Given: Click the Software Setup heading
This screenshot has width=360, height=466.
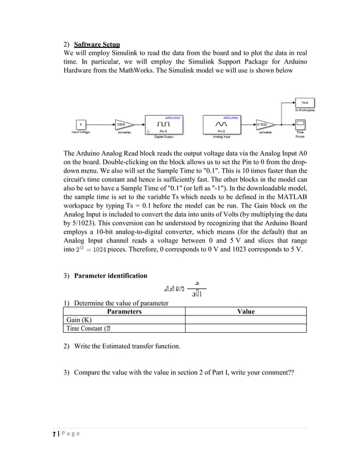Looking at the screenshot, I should (x=96, y=44).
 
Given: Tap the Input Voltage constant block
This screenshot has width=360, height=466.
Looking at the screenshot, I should (x=81, y=124).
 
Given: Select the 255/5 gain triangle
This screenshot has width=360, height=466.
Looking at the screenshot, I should (x=123, y=124).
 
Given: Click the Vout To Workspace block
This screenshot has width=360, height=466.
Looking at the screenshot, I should (x=305, y=103).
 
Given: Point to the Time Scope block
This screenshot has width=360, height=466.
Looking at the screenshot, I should (x=300, y=124).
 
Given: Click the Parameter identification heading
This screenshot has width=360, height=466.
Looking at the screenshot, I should (x=111, y=275).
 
